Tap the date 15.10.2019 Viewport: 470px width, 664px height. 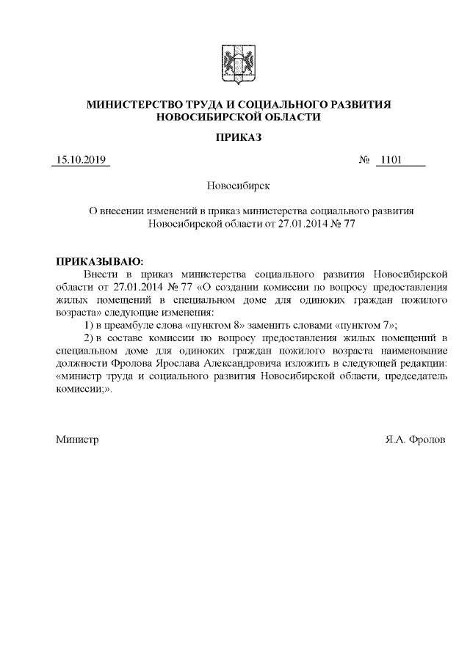(81, 160)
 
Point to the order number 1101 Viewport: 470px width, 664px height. (389, 160)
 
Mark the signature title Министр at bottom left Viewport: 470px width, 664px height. (77, 439)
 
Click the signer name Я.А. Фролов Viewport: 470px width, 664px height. (414, 439)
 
